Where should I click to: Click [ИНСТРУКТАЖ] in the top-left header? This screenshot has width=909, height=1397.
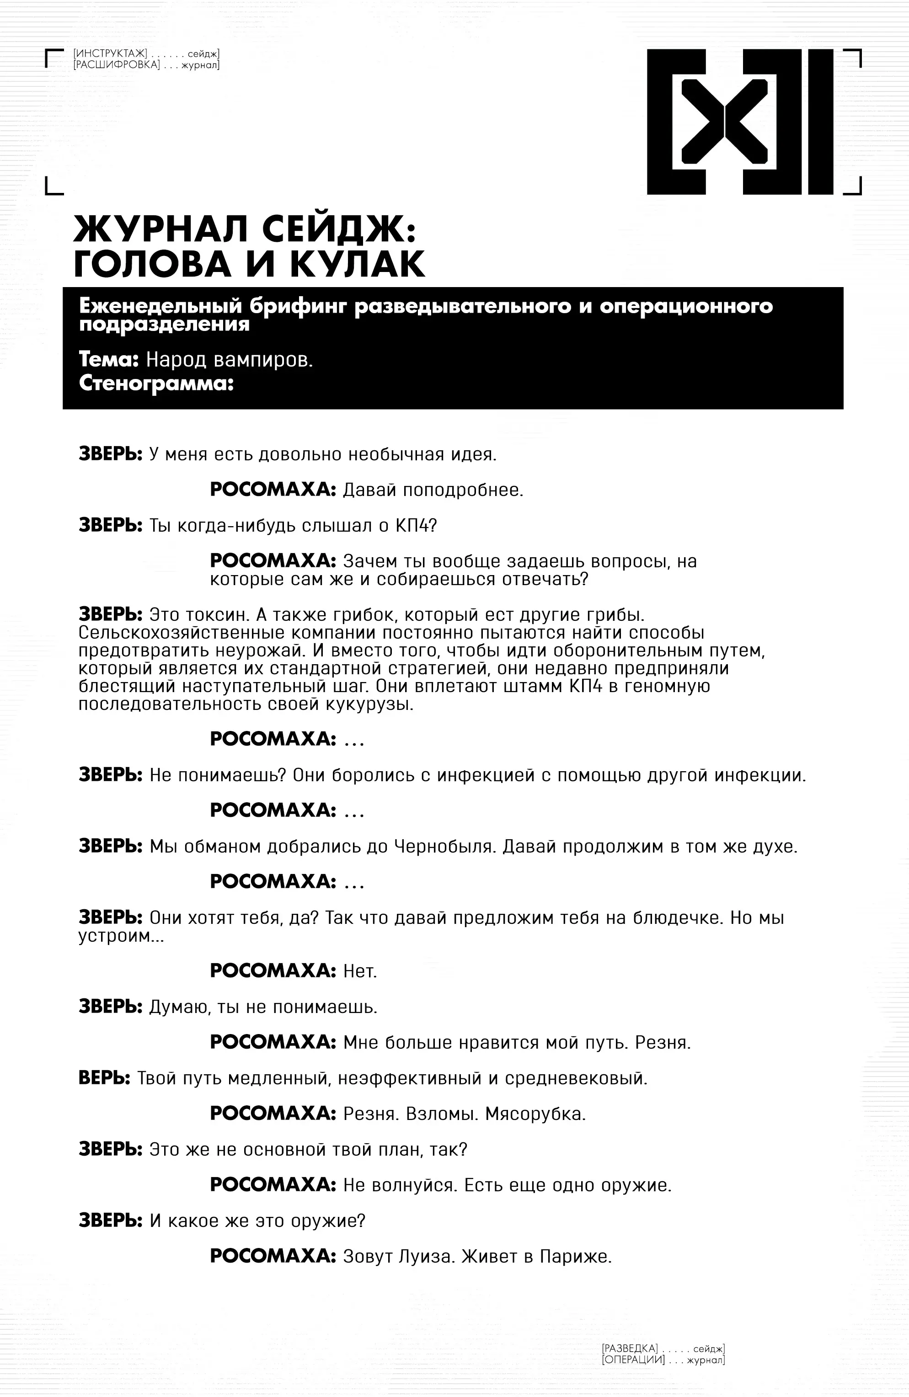click(x=110, y=54)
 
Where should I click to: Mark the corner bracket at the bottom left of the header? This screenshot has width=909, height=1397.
click(x=53, y=187)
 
